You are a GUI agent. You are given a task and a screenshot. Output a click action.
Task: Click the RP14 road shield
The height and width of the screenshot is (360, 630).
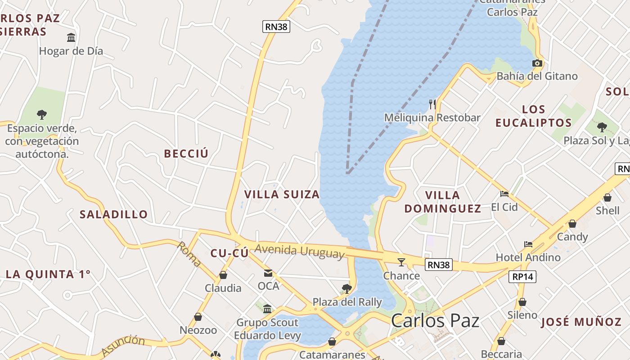pyautogui.click(x=523, y=276)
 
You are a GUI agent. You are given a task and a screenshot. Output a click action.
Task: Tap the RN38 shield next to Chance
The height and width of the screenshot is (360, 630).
pyautogui.click(x=439, y=265)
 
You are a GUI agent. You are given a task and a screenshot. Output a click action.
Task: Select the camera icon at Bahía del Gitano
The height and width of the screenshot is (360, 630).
pyautogui.click(x=537, y=63)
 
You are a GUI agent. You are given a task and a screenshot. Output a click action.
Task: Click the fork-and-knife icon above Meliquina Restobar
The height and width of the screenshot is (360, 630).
pyautogui.click(x=432, y=104)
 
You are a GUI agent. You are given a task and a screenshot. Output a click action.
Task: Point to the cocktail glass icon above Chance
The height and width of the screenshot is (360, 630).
pyautogui.click(x=401, y=262)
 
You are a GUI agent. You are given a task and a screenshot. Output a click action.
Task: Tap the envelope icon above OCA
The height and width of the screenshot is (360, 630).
pyautogui.click(x=268, y=273)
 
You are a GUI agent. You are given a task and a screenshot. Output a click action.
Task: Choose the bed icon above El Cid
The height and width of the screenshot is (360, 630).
pyautogui.click(x=504, y=194)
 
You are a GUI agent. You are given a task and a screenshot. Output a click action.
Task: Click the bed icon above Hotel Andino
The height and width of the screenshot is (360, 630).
pyautogui.click(x=528, y=244)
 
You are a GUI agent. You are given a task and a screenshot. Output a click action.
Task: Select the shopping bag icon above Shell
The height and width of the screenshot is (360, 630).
pyautogui.click(x=607, y=197)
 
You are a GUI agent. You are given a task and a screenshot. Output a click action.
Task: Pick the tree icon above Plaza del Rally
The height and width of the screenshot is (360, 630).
pyautogui.click(x=346, y=288)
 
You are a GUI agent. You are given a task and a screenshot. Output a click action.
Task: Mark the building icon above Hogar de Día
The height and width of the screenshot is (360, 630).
pyautogui.click(x=71, y=37)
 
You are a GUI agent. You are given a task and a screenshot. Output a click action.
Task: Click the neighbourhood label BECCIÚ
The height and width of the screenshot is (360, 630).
pyautogui.click(x=186, y=154)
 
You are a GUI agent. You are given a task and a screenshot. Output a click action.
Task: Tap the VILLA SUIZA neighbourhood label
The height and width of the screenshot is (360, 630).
pyautogui.click(x=282, y=194)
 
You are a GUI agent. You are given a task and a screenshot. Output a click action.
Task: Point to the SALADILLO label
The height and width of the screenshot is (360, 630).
pyautogui.click(x=114, y=214)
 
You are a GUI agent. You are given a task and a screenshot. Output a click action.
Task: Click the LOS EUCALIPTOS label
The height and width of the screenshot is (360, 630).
pyautogui.click(x=534, y=116)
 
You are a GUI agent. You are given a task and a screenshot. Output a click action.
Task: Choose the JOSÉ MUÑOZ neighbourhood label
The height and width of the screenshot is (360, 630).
pyautogui.click(x=581, y=322)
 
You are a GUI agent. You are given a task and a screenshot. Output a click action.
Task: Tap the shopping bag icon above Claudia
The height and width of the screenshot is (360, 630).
pyautogui.click(x=223, y=275)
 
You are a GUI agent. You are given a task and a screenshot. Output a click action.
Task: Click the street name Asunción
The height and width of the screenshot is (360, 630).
pyautogui.click(x=123, y=345)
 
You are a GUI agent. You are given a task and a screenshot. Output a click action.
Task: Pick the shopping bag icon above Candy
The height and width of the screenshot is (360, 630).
pyautogui.click(x=572, y=224)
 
